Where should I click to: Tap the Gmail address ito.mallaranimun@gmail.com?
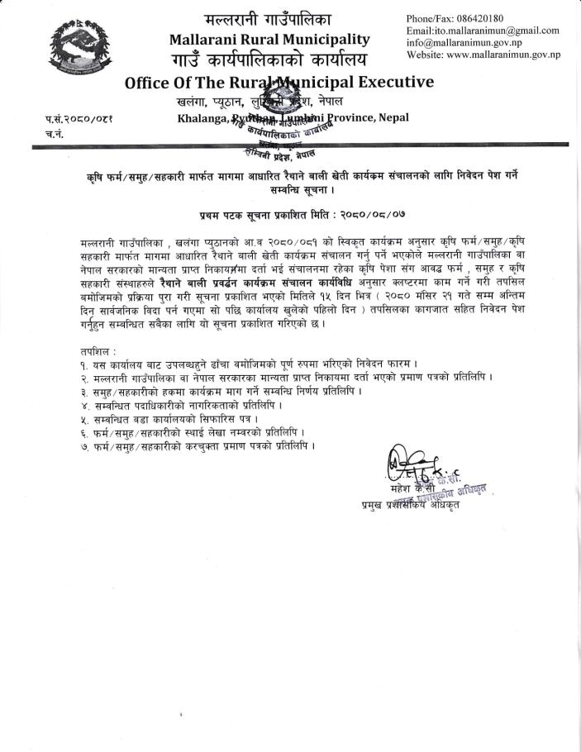(x=496, y=31)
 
